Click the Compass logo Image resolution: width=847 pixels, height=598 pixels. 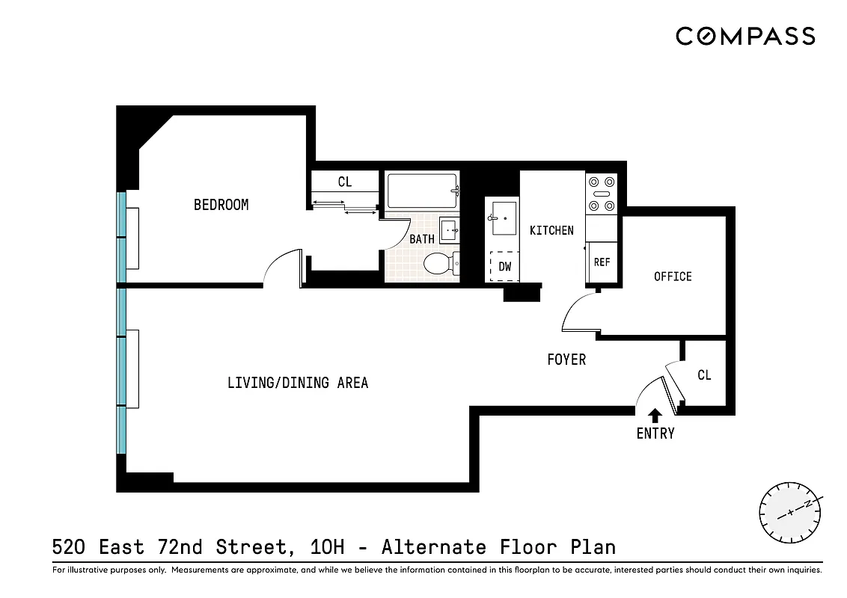point(745,36)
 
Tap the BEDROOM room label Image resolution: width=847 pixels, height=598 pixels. point(221,205)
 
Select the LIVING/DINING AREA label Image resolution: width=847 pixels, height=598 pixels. point(298,383)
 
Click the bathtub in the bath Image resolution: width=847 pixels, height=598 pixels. point(422,191)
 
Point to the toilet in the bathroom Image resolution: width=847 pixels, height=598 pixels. point(438,264)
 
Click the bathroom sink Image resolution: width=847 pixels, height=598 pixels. point(450,229)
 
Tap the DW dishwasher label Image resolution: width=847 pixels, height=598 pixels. point(505,266)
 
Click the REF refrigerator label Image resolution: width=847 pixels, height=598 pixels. point(602,262)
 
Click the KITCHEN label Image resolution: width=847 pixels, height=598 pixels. point(551,230)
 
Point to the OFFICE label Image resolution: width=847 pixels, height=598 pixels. point(673,277)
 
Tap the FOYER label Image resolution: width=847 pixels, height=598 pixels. point(566,360)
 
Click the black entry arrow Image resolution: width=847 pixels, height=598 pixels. point(655,415)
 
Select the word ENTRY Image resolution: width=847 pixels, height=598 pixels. point(655,434)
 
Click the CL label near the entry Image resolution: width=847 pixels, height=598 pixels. point(704,375)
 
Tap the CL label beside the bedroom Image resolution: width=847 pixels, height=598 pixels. point(345,182)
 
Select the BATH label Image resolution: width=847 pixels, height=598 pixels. point(422,239)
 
